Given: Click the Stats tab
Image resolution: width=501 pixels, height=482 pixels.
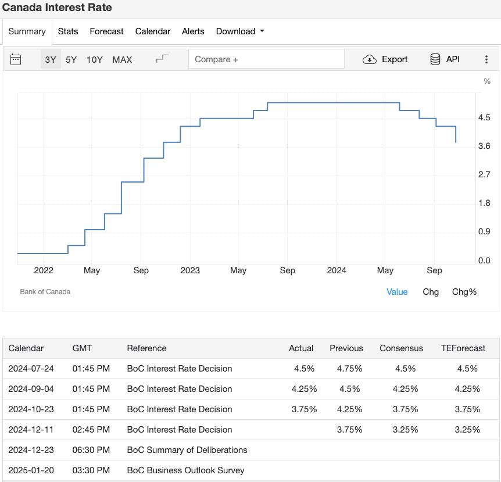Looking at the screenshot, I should tap(68, 31).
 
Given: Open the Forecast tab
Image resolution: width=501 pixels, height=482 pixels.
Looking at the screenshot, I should tap(106, 31).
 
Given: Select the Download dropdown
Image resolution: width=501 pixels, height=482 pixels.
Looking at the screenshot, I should tap(239, 31).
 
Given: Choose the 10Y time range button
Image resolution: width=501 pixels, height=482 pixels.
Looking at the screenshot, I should tap(94, 59).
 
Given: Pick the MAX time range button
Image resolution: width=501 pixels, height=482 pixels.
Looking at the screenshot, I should tap(122, 59).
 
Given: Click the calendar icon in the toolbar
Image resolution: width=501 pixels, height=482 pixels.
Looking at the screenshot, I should tap(16, 59).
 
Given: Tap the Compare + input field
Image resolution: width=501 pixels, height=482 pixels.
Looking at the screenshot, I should tap(266, 59).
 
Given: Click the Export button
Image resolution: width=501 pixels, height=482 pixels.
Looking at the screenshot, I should tap(385, 59).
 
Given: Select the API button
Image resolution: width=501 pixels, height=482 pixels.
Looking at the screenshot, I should tap(445, 59).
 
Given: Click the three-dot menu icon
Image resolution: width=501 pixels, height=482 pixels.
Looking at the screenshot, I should tap(486, 59).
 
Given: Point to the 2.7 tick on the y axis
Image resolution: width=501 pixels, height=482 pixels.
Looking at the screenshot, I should tap(484, 174).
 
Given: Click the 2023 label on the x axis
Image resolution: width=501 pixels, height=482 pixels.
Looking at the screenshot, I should tap(190, 270).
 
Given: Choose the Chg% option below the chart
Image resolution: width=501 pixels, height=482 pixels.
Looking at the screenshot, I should tap(464, 292).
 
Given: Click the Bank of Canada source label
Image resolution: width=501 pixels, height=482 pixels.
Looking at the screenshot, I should tap(45, 292).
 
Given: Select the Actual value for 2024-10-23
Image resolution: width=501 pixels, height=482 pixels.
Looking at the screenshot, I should tap(304, 409).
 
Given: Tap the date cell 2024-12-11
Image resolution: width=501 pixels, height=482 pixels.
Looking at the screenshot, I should tap(31, 430).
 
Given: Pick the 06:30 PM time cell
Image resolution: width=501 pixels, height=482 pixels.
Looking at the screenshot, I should tap(91, 450).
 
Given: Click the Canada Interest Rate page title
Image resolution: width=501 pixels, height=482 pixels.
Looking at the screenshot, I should tap(58, 8).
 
